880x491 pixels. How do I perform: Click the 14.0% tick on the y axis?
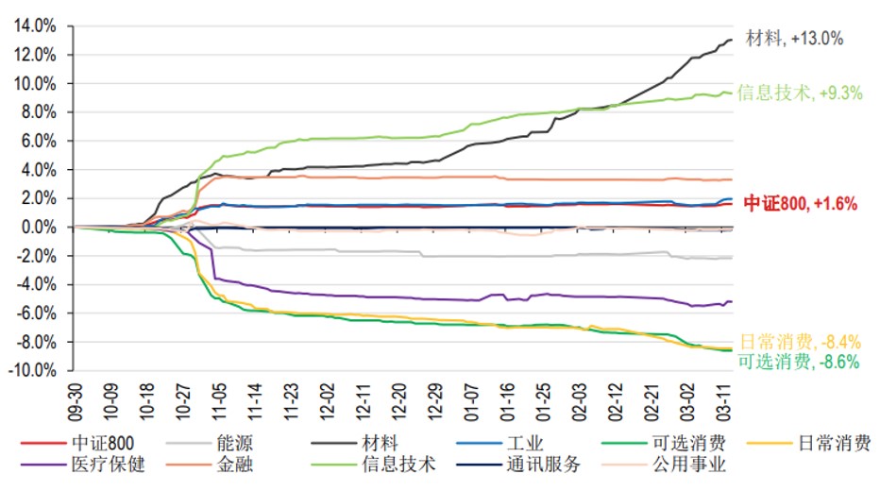coord(35,26)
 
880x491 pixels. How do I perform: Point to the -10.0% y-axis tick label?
coord(33,371)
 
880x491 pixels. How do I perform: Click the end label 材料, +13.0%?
coord(794,39)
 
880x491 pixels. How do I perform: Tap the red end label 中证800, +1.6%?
coord(801,203)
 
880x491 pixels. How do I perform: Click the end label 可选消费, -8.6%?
coord(798,362)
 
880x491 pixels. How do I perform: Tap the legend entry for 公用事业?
coord(688,464)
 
